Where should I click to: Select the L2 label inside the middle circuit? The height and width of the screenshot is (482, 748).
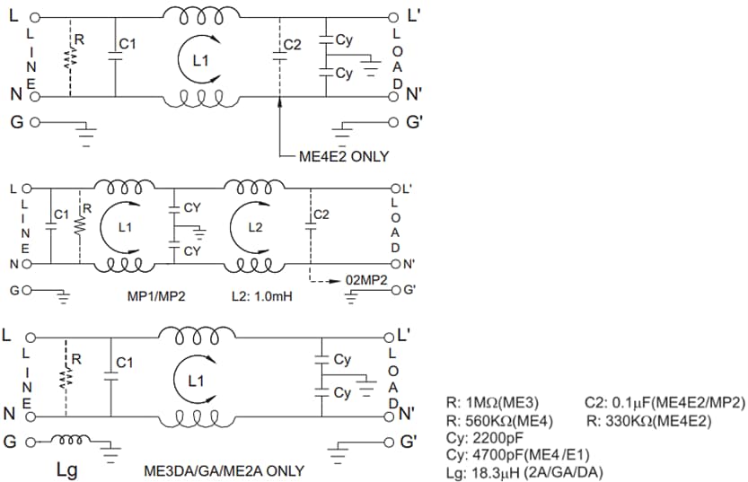[256, 227]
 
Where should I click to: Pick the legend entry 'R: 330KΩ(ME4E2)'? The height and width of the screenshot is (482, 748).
[647, 419]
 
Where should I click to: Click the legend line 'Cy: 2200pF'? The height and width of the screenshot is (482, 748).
[484, 436]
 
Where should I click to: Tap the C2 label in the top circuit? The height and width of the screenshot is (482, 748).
[293, 44]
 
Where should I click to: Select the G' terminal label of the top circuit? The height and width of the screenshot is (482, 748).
[415, 123]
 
